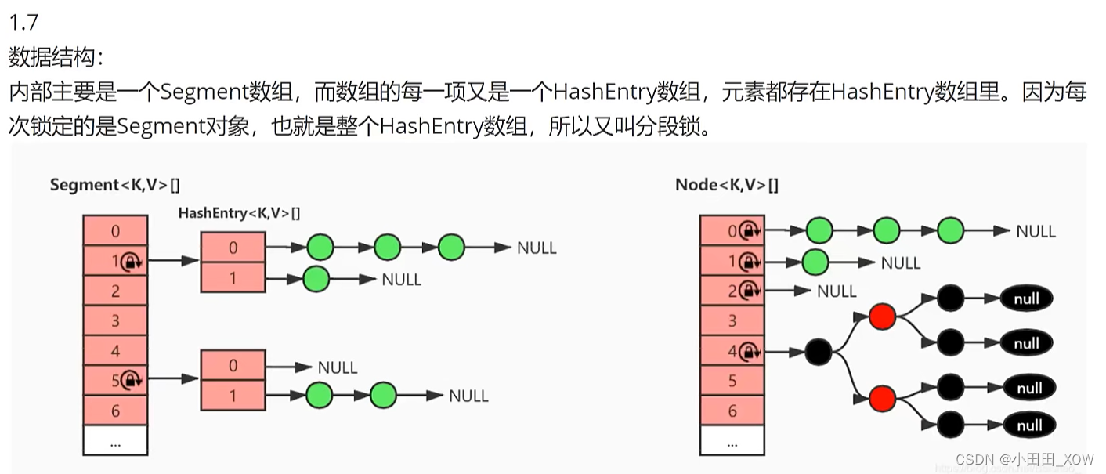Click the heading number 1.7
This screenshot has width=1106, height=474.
23,20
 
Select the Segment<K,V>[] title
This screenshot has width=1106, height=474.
114,185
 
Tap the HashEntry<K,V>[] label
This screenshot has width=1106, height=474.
239,212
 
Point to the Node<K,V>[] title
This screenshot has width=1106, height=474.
726,185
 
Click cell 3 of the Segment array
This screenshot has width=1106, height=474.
115,320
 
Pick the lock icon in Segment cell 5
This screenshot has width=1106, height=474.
132,381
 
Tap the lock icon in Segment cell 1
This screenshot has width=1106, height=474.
132,261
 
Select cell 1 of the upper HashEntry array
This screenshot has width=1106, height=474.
233,278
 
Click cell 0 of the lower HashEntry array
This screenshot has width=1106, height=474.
233,366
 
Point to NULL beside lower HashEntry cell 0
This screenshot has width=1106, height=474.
338,367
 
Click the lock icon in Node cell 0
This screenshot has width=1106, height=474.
749,231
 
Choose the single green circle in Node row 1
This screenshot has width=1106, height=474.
816,262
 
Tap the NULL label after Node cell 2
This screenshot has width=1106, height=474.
837,291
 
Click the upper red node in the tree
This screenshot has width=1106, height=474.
882,317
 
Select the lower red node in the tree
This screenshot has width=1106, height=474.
882,398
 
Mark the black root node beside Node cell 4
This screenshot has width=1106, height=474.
818,352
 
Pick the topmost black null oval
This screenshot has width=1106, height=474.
1026,299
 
